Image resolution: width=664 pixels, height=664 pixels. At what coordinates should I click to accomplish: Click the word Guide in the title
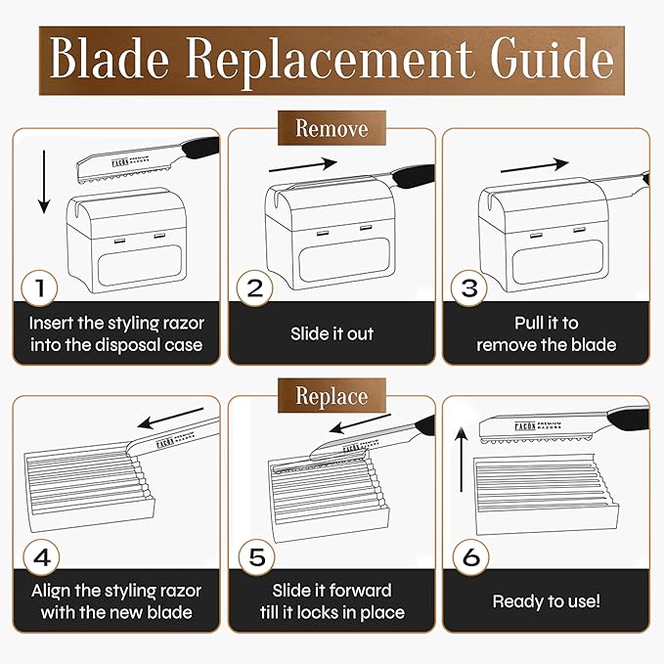click(x=553, y=59)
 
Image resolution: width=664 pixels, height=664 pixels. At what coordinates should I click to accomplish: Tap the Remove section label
click(x=332, y=128)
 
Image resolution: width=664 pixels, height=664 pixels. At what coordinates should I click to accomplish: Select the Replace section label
click(x=332, y=396)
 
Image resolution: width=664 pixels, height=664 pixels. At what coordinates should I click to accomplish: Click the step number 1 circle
click(x=39, y=288)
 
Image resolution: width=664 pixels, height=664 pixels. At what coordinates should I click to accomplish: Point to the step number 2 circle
click(x=254, y=288)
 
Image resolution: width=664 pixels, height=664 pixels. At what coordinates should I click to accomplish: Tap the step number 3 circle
click(x=469, y=288)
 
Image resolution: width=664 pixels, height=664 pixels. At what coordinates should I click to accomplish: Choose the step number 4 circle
click(x=41, y=557)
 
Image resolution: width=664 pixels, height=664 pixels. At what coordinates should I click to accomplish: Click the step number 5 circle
click(x=256, y=557)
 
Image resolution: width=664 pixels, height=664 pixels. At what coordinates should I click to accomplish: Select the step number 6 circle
click(x=471, y=557)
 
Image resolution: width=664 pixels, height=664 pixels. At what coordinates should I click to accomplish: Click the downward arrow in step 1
click(x=44, y=182)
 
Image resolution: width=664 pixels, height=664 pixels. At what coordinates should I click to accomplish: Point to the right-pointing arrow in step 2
click(x=303, y=165)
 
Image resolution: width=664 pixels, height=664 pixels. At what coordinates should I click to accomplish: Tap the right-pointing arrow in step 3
click(x=535, y=165)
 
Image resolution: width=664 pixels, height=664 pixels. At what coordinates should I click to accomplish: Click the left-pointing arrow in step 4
click(x=171, y=419)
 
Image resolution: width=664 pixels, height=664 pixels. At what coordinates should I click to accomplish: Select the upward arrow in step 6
click(x=462, y=460)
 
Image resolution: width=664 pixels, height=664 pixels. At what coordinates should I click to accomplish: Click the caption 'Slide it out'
click(x=332, y=333)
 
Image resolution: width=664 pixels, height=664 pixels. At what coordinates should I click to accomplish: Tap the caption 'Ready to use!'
click(x=547, y=601)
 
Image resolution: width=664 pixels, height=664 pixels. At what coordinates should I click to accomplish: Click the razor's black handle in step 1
click(x=201, y=147)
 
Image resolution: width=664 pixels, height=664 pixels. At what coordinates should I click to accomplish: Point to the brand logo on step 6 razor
click(x=538, y=426)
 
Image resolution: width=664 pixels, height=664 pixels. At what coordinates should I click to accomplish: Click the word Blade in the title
click(x=110, y=59)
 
